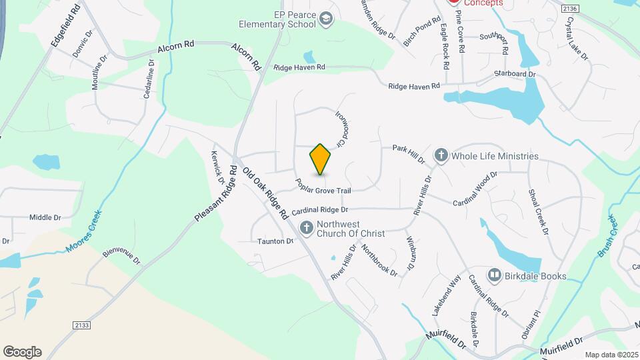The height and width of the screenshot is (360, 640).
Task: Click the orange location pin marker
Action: coord(320,159)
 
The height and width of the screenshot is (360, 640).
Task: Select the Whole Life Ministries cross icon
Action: coord(441,156)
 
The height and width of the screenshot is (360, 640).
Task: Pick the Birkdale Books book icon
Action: coord(494,275)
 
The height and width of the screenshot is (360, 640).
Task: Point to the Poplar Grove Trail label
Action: coord(323,186)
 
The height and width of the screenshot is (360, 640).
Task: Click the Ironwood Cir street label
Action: coord(341,129)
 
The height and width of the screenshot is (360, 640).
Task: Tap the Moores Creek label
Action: coord(83,232)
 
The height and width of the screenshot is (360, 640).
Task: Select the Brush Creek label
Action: coord(608,236)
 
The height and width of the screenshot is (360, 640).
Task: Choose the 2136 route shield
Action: coord(569,8)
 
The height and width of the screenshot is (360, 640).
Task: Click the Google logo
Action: coord(22,352)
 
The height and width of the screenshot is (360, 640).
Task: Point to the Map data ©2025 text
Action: coord(611,355)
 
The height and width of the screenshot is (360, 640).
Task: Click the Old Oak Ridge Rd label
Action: coord(265,193)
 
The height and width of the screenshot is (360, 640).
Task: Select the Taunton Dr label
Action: coord(275,241)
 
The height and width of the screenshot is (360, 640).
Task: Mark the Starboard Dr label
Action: coord(515,73)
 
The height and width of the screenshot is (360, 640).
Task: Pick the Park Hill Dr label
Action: coord(408,154)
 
